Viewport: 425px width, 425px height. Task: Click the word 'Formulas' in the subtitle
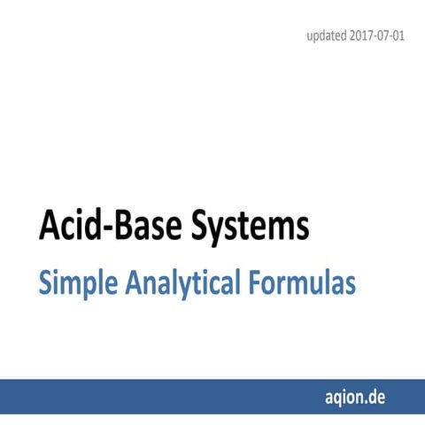point(301,283)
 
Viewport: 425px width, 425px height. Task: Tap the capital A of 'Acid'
point(48,227)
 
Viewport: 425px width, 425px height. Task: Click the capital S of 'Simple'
point(45,283)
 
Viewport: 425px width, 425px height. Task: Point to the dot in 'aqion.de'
point(369,400)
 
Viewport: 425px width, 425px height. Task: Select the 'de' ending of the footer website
point(380,396)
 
